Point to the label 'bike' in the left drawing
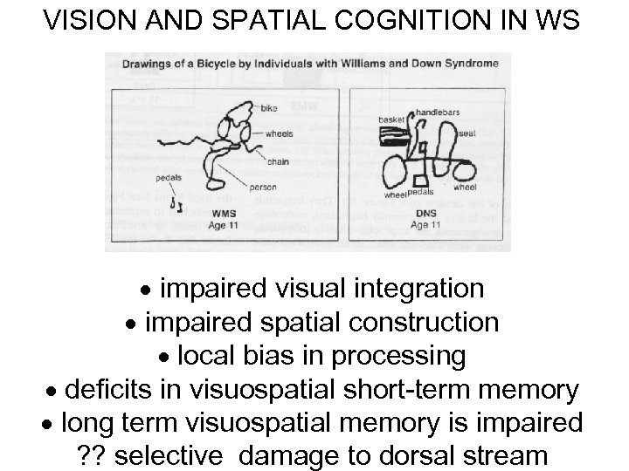(x=269, y=108)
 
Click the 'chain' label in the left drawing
(x=278, y=160)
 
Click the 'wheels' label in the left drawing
(x=280, y=133)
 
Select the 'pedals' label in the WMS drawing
(x=169, y=177)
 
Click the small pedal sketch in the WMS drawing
(x=177, y=206)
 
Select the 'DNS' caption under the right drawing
(x=425, y=214)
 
